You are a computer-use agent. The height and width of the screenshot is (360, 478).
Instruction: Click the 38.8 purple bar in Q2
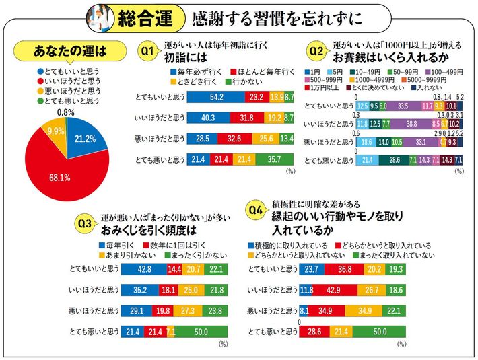[x=411, y=124]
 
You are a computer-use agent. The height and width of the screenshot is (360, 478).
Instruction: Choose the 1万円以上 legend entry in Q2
[x=326, y=87]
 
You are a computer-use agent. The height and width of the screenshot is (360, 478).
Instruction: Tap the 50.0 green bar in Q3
[x=201, y=331]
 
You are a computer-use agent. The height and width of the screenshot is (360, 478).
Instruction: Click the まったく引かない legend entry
[x=191, y=256]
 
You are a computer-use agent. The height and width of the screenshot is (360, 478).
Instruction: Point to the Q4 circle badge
[x=256, y=210]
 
